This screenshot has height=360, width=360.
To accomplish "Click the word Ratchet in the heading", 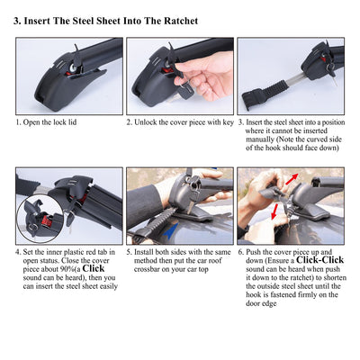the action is click(x=181, y=21).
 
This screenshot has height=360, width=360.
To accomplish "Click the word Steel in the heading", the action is click(x=83, y=21).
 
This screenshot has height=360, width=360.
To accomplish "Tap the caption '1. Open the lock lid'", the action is click(x=46, y=122).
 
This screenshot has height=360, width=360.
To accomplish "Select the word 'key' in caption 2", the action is click(x=228, y=122).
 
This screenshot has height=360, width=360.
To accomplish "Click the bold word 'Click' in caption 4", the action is click(x=94, y=268).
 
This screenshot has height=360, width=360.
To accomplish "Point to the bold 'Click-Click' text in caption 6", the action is click(x=319, y=260).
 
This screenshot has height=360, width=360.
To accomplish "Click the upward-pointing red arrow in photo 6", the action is click(x=292, y=179).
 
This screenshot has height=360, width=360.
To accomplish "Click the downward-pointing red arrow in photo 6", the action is click(x=274, y=211).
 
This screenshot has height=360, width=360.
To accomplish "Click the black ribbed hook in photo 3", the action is click(x=263, y=93).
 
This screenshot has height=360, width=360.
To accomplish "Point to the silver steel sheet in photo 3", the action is click(x=296, y=79).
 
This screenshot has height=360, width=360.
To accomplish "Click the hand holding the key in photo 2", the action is click(x=206, y=77).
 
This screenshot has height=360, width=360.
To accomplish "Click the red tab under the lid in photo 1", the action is click(x=73, y=68).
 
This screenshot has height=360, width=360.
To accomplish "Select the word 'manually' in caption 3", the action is click(x=260, y=139).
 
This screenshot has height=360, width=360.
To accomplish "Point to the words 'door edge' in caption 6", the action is click(x=261, y=303).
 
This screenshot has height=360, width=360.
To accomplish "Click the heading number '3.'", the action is click(x=17, y=22).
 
